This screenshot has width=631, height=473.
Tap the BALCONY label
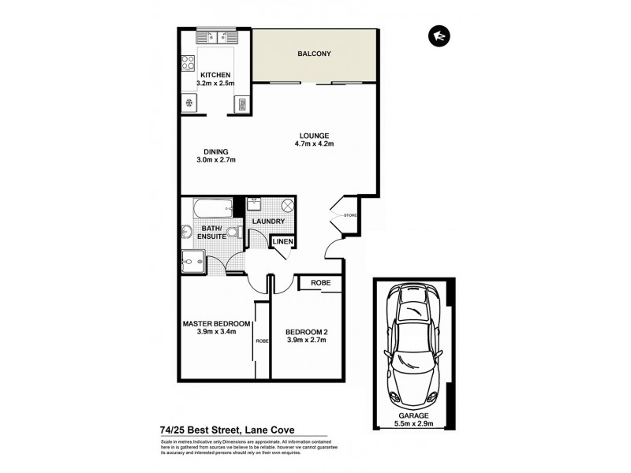[x=313, y=54]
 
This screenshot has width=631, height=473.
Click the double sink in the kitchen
[x=213, y=36]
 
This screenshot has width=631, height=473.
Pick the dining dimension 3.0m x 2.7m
[x=216, y=160]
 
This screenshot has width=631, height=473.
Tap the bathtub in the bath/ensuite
[x=210, y=209]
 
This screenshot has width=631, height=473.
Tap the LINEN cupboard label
[x=283, y=241]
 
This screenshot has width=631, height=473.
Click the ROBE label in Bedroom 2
[x=320, y=282]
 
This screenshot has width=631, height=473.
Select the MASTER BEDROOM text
[x=216, y=324]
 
